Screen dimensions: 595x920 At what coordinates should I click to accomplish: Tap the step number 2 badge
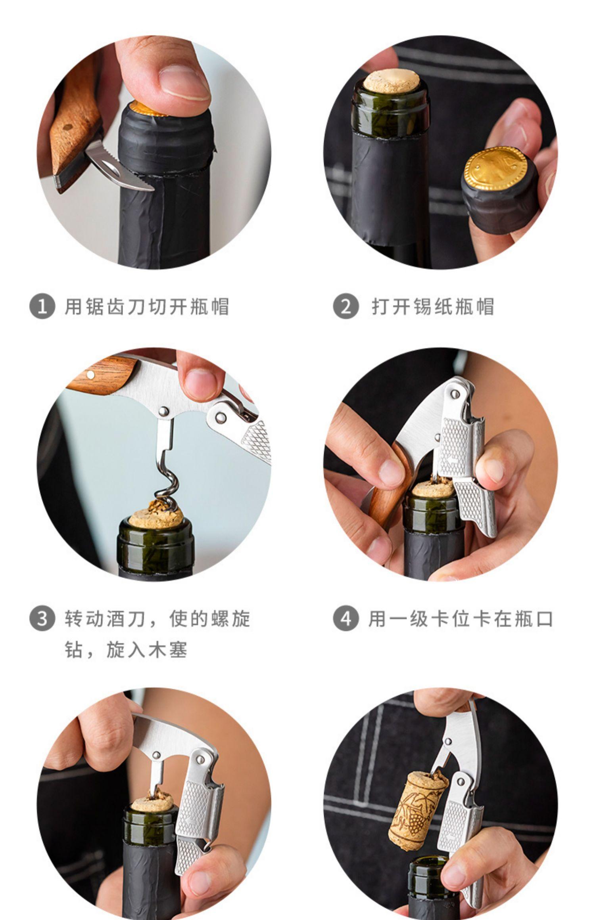[x=346, y=306]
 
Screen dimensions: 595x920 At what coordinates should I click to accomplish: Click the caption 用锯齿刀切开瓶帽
[x=147, y=307]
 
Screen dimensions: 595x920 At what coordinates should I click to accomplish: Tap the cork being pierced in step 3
[x=157, y=515]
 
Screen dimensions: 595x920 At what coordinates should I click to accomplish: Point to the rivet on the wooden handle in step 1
[x=69, y=128]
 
